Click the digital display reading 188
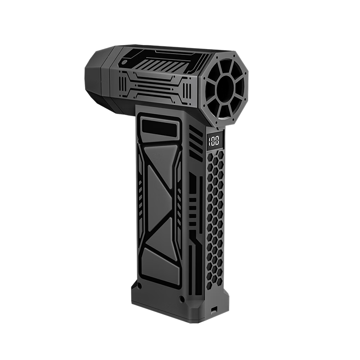click(213, 141)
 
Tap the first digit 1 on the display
click(209, 141)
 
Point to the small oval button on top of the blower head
click(124, 62)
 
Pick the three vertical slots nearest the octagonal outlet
click(187, 90)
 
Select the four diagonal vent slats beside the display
click(195, 144)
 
